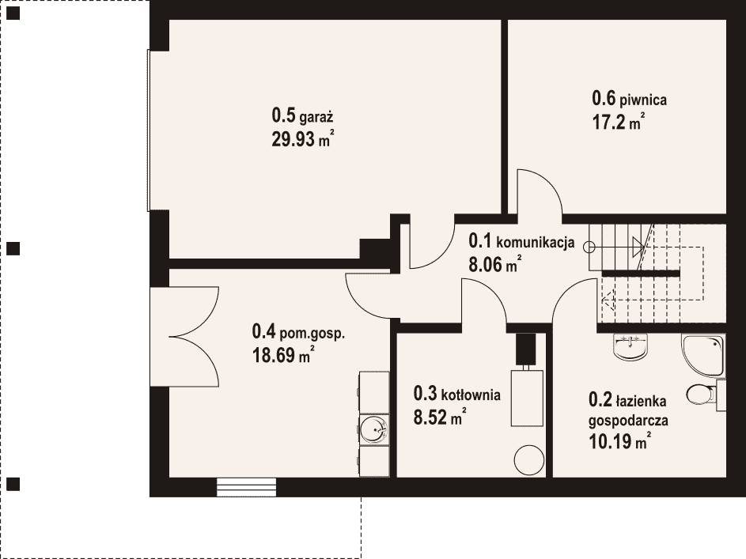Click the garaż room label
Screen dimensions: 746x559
tap(302, 115)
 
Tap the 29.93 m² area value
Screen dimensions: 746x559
tap(302, 139)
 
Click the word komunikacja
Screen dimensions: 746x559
tap(536, 243)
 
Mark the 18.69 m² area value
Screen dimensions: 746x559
tap(283, 354)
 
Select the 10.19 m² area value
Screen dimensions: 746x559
tap(619, 442)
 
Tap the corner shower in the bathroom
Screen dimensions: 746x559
tap(702, 356)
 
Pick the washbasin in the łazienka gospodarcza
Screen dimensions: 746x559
tap(631, 346)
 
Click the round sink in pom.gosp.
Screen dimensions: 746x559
tap(374, 429)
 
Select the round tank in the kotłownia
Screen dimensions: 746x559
tap(528, 459)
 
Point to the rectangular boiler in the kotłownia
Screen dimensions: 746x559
tap(527, 398)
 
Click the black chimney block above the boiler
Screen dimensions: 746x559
tap(526, 349)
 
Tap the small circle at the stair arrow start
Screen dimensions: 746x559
tap(589, 247)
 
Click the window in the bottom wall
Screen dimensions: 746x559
tap(247, 487)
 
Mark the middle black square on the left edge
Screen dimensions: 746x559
tap(13, 248)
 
